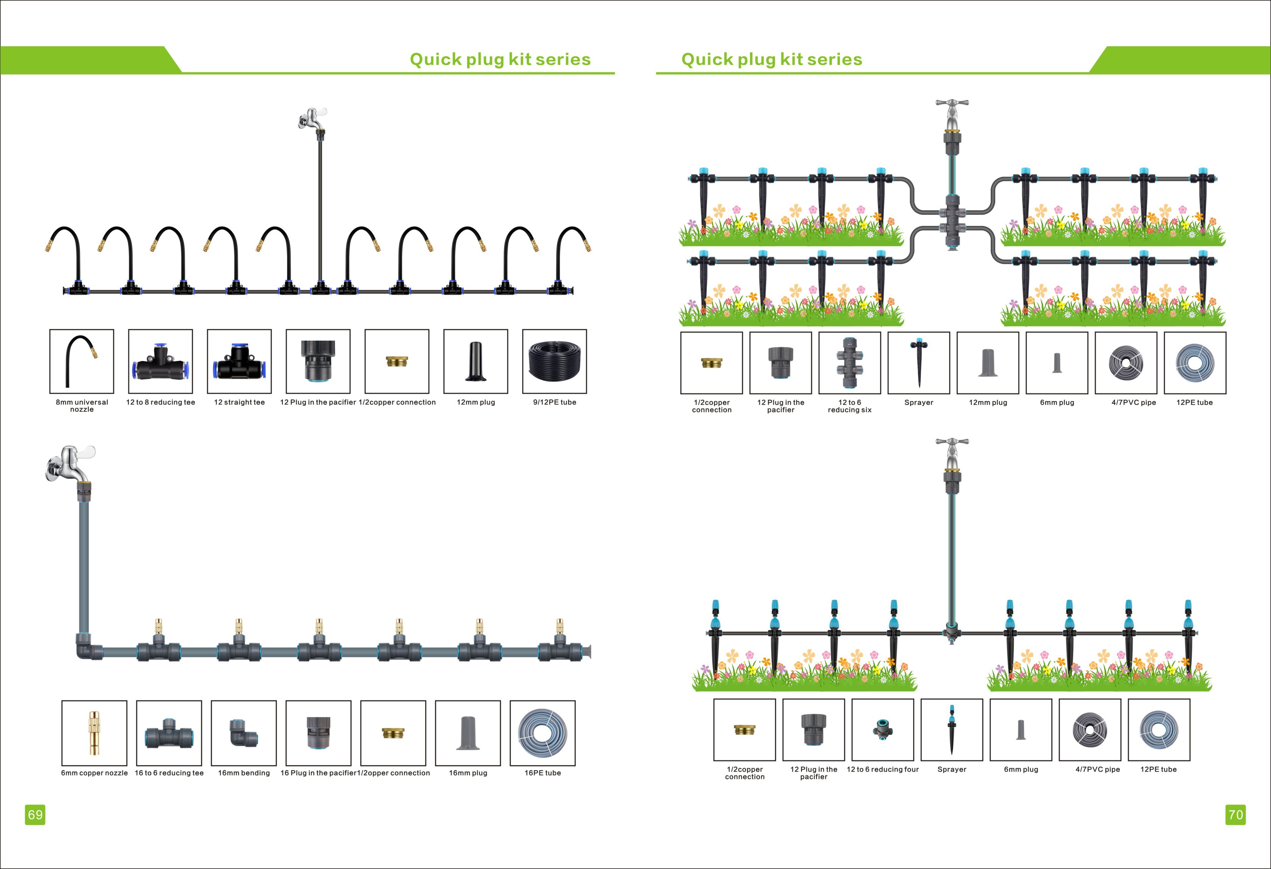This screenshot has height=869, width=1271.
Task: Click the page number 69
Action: coord(35,814)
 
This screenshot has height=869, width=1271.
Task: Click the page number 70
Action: coord(1235,814)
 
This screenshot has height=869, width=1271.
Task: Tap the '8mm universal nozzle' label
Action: coord(82,406)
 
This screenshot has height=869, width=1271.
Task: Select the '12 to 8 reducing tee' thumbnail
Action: coord(160,361)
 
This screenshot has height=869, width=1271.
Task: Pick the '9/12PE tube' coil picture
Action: coord(554,361)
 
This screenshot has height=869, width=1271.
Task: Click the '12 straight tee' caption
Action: coord(239,402)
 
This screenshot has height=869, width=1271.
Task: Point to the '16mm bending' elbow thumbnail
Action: coord(244,733)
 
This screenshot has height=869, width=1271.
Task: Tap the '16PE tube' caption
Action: coord(543,773)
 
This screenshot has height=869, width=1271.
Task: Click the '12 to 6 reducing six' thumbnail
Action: coord(849,363)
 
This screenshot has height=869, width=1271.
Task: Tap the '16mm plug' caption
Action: coord(468,773)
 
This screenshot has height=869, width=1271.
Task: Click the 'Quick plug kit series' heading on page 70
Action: coord(772,59)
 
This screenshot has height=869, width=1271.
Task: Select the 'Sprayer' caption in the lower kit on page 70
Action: coord(952,769)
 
